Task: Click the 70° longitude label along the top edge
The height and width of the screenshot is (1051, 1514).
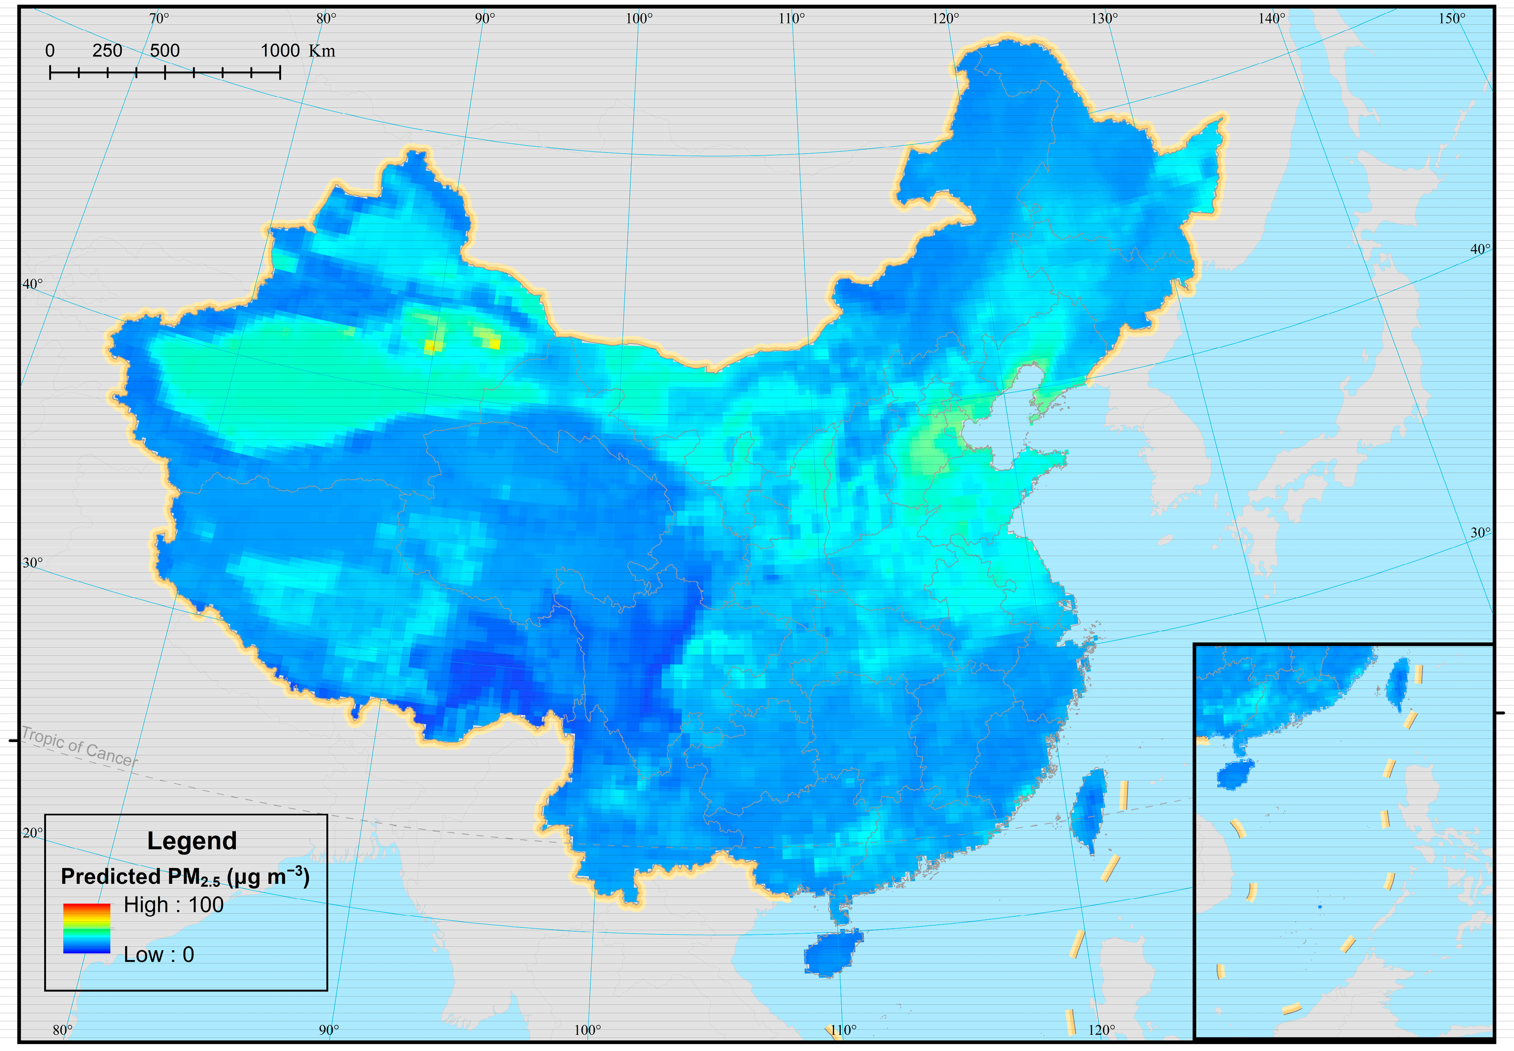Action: (x=159, y=19)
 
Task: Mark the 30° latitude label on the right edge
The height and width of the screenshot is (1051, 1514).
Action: (x=1480, y=533)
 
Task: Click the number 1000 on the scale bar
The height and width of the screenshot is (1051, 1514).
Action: (x=280, y=51)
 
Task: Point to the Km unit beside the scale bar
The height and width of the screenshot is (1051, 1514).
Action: (x=322, y=51)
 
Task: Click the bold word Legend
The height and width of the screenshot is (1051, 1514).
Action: (x=191, y=841)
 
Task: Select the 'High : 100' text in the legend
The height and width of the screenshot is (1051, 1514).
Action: (x=174, y=905)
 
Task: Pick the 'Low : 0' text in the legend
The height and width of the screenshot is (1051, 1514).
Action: (x=159, y=954)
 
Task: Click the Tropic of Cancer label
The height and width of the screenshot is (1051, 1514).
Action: (x=80, y=747)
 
